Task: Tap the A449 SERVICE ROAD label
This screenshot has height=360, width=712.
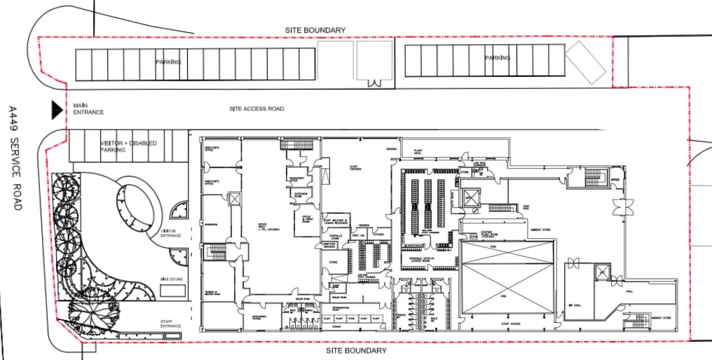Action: (13, 158)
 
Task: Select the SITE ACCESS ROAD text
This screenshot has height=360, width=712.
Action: (256, 109)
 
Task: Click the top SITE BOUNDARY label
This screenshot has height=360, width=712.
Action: (315, 30)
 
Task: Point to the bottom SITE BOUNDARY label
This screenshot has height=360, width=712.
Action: (356, 350)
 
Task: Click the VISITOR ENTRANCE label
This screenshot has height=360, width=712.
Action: (171, 233)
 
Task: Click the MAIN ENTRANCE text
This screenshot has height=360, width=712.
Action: (88, 109)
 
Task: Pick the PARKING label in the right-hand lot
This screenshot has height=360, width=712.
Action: (498, 58)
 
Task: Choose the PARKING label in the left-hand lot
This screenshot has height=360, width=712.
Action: (168, 62)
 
